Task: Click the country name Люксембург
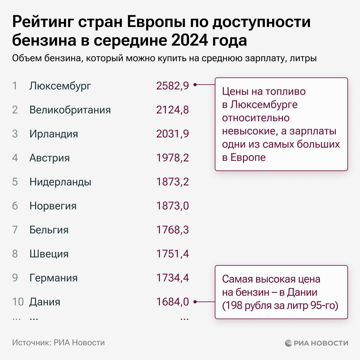point(60,86)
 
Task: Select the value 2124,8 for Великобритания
point(172,110)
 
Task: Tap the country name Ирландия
point(54,134)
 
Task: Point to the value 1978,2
point(172,158)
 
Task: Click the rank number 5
point(15,182)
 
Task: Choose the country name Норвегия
point(53,206)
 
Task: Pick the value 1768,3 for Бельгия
point(172,230)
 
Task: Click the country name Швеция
point(49,254)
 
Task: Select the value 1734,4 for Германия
point(172,278)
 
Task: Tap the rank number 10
point(18,302)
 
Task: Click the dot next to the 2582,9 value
point(195,85)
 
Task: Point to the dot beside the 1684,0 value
point(195,302)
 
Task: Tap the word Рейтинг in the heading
point(42,22)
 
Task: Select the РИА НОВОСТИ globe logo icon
point(288,343)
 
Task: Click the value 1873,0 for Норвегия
point(172,206)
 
